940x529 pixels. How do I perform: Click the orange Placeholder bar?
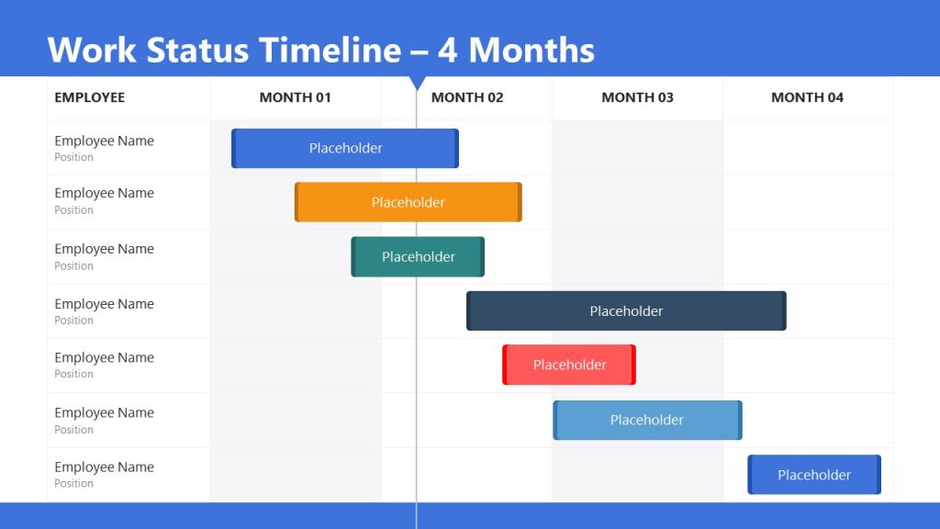(408, 202)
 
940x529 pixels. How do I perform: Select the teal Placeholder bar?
(418, 257)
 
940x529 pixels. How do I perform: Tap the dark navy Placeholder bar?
(626, 311)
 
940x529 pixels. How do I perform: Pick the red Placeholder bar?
(569, 365)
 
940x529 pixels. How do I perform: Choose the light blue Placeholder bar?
(647, 420)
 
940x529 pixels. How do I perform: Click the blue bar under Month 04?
(814, 475)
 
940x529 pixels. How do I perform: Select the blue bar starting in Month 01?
(345, 148)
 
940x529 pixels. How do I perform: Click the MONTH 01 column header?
(295, 97)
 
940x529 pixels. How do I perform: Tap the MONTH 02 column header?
(467, 97)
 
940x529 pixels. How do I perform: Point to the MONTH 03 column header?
(637, 97)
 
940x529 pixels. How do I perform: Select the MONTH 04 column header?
(807, 97)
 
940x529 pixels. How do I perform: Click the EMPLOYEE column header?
(89, 97)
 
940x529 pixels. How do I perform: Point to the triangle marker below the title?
(417, 83)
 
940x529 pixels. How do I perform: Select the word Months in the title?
(532, 50)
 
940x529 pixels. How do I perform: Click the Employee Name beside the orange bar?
(104, 194)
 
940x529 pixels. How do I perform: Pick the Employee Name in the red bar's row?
(104, 358)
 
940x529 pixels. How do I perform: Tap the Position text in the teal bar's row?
(73, 266)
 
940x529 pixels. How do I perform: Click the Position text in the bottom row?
(73, 484)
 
